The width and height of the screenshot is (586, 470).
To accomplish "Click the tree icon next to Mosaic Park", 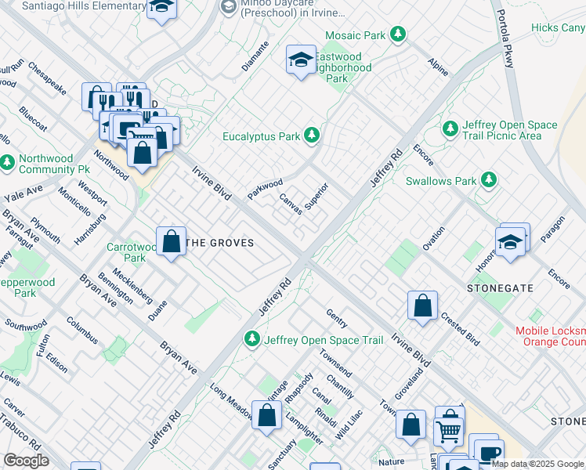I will pos(399,34).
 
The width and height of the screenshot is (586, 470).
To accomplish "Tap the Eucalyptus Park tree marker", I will pos(312,136).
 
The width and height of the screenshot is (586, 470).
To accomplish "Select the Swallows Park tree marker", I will pos(489,181).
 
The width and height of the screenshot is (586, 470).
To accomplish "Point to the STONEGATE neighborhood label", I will pos(500,288).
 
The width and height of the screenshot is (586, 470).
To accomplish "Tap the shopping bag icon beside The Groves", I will pos(171,242).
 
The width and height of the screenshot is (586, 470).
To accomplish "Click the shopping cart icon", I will pos(448,430).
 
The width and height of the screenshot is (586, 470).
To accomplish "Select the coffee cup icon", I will pos(490,454).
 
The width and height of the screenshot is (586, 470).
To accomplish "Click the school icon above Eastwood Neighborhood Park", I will pos(301,60).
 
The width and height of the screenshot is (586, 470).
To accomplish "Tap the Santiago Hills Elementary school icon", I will pos(161,7).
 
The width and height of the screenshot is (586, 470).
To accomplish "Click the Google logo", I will pos(25,461).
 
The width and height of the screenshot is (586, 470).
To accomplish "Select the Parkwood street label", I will pos(265,189).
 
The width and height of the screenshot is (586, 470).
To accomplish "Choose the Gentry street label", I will pos(337,317).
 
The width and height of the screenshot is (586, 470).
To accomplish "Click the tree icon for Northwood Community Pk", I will pos(7,163).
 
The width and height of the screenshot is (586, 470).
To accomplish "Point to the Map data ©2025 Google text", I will pos(537,464).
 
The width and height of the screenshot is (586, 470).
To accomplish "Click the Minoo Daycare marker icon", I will pos(228,7).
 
